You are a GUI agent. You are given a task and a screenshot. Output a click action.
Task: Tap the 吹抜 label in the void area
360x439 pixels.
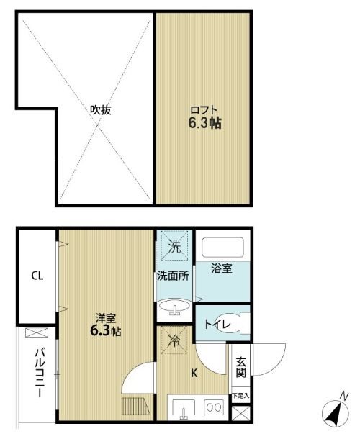(x=100, y=110)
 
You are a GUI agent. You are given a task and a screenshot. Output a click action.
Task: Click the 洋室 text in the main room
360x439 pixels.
(x=105, y=319)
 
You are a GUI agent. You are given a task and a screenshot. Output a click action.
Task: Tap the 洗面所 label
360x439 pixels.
(x=173, y=275)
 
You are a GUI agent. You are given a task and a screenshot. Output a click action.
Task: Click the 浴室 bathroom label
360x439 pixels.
(x=221, y=270)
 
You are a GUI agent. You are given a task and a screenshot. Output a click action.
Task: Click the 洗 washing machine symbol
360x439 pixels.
(x=174, y=246)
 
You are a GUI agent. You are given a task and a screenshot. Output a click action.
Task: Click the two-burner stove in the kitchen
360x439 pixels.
(x=214, y=407)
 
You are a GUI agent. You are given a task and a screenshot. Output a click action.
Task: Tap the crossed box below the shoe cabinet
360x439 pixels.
(x=240, y=413)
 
